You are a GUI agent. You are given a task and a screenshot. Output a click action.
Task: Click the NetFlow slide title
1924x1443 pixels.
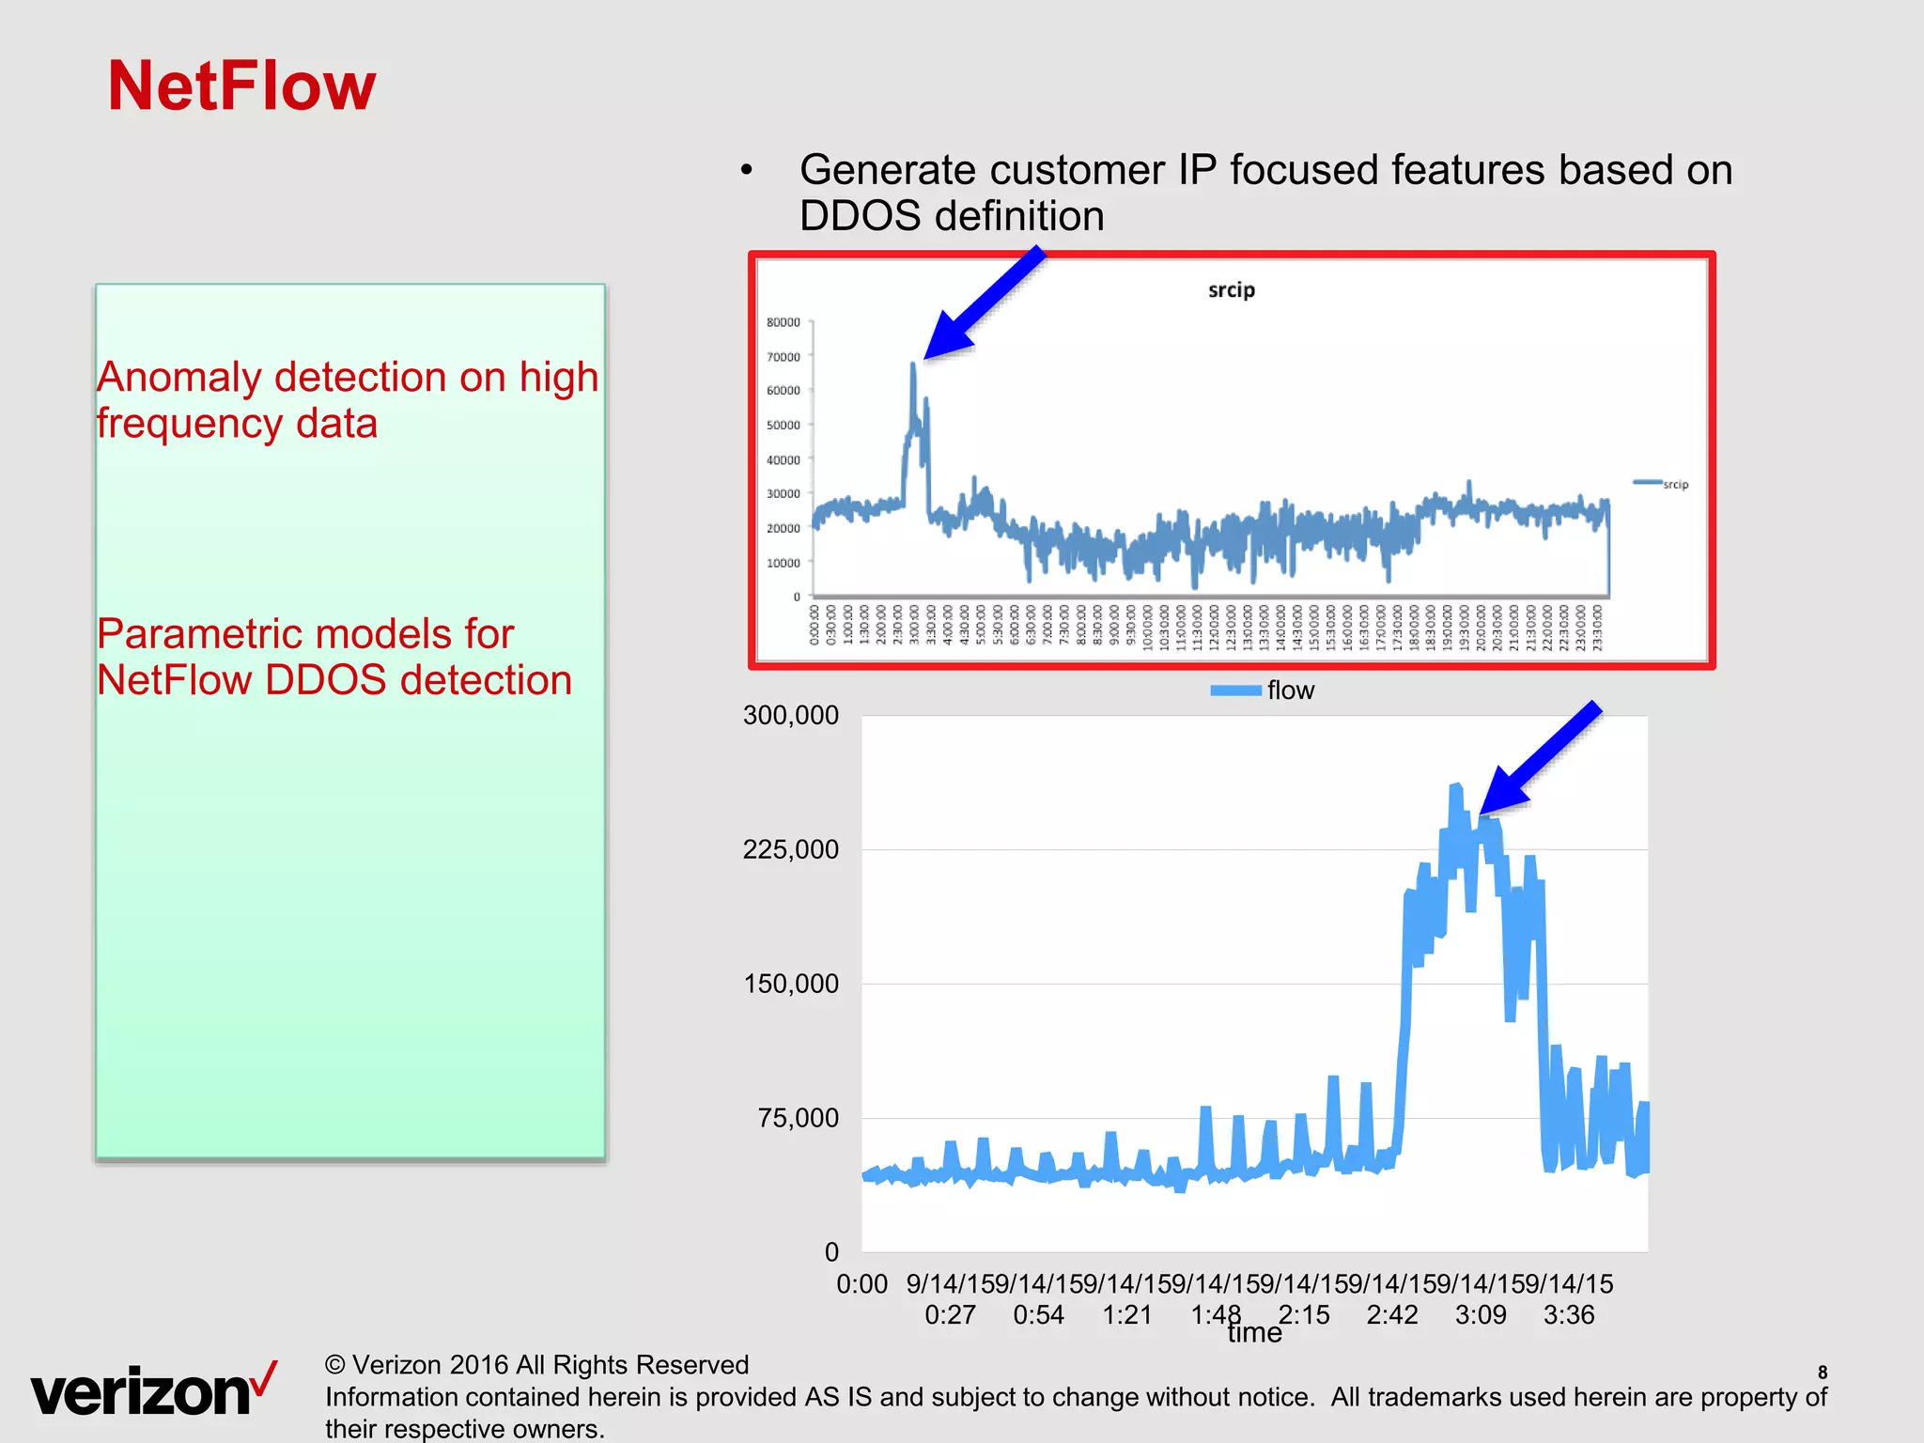click(x=241, y=86)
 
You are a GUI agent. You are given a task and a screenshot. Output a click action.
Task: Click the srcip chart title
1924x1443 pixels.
click(x=1231, y=290)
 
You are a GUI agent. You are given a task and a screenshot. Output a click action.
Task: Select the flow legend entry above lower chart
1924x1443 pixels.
click(x=1264, y=690)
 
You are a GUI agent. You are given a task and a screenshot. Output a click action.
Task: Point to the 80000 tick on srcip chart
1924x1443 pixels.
click(x=784, y=322)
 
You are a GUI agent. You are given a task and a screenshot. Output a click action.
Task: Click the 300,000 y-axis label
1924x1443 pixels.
click(x=790, y=716)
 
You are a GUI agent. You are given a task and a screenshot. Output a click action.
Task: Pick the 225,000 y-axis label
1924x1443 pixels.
click(x=790, y=850)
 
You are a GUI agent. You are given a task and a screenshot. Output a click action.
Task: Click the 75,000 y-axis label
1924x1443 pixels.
click(x=798, y=1118)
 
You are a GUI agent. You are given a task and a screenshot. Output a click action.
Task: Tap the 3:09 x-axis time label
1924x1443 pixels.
click(x=1481, y=1315)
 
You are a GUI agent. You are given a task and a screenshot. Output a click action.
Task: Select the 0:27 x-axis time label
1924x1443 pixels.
click(x=950, y=1315)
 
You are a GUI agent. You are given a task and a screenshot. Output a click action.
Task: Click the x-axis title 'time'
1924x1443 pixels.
click(x=1254, y=1333)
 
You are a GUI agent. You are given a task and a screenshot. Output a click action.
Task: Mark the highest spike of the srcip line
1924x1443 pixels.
click(x=913, y=365)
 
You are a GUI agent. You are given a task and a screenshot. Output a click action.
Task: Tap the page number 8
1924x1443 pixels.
click(x=1823, y=1372)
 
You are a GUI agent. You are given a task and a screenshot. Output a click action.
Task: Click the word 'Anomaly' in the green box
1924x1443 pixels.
click(x=178, y=378)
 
